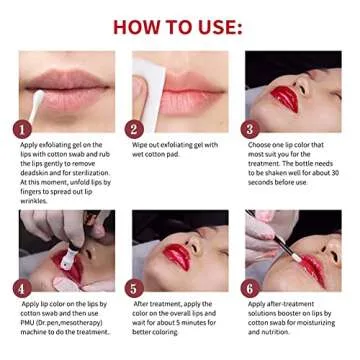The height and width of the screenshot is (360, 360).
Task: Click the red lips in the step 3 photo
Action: coord(284,97)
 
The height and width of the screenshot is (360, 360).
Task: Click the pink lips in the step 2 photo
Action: coord(190,95)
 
